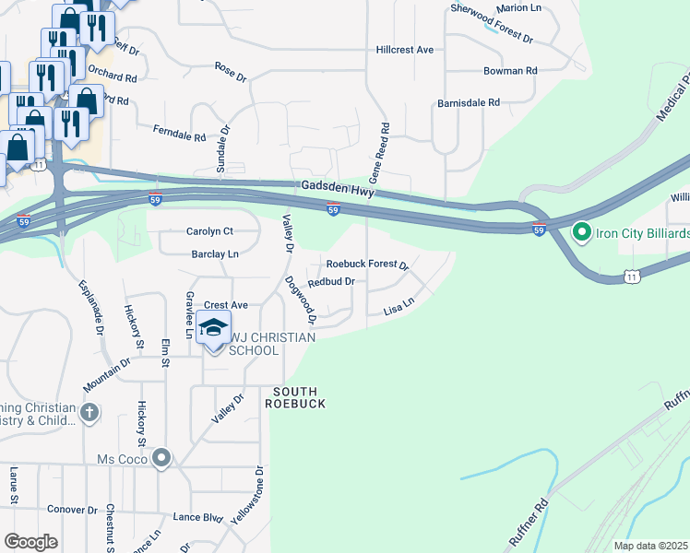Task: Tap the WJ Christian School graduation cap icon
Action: pyautogui.click(x=213, y=329)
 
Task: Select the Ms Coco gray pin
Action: pyautogui.click(x=161, y=458)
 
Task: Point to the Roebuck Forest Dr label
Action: pyautogui.click(x=367, y=265)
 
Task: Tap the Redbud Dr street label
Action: pyautogui.click(x=331, y=282)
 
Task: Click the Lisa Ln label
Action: pyautogui.click(x=399, y=306)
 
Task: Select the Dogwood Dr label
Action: pyautogui.click(x=301, y=300)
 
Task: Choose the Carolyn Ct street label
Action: pyautogui.click(x=209, y=231)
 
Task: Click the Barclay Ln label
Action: pyautogui.click(x=214, y=253)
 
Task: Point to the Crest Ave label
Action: pyautogui.click(x=226, y=304)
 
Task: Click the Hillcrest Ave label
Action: pyautogui.click(x=405, y=50)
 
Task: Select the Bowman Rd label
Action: pyautogui.click(x=510, y=71)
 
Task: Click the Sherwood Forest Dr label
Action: pyautogui.click(x=492, y=23)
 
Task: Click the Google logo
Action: pyautogui.click(x=30, y=542)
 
